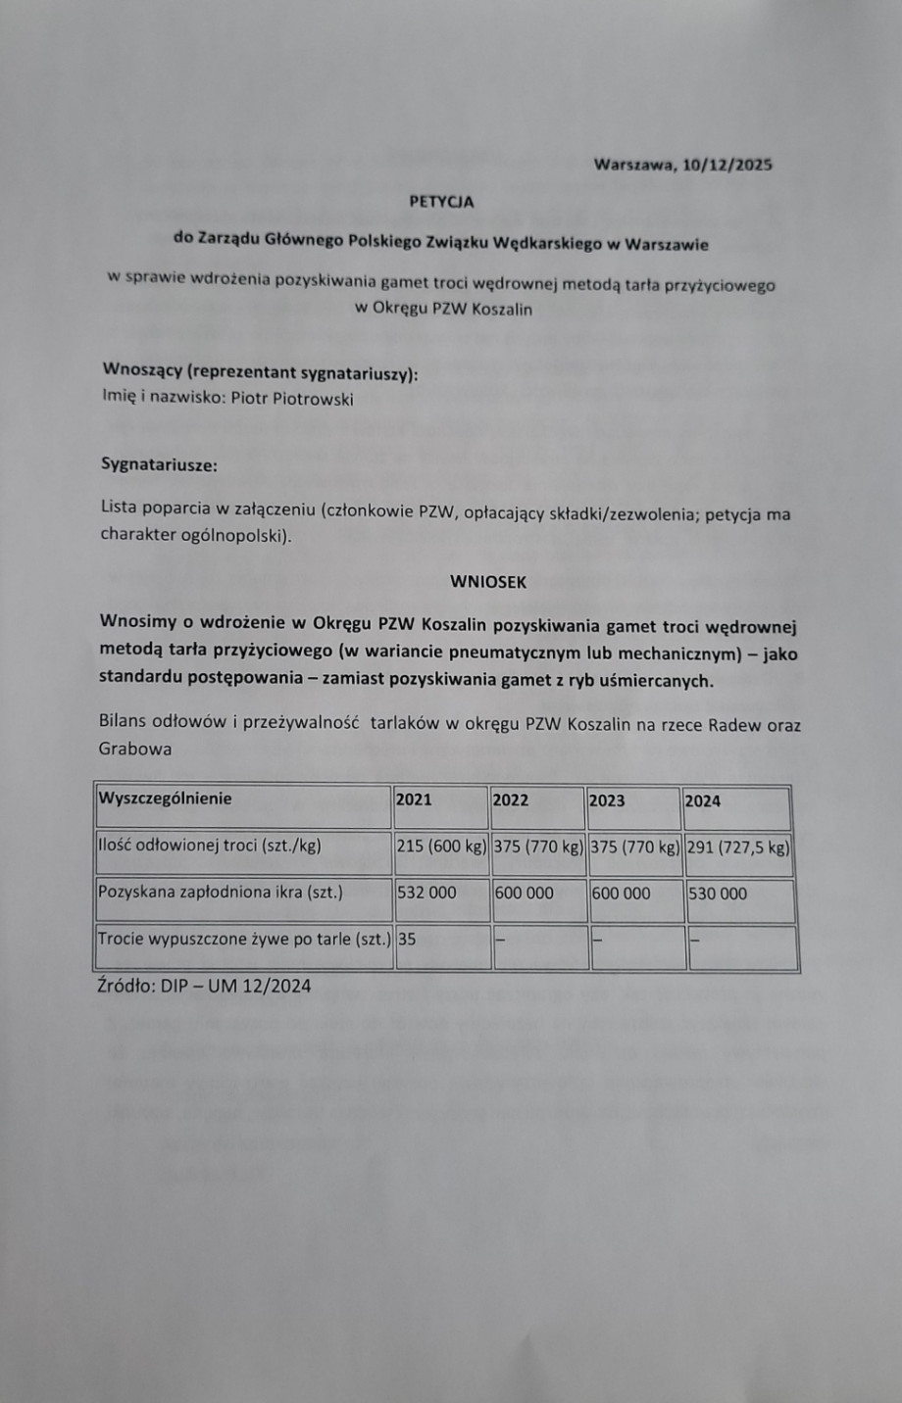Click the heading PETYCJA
coord(441,202)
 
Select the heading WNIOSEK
coord(488,582)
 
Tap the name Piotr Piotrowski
coord(292,399)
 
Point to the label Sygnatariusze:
coord(159,464)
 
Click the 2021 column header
coord(414,799)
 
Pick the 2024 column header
coord(703,800)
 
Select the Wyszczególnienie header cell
coord(165,798)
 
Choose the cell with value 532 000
coord(427,893)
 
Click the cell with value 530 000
coord(718,894)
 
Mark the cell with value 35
coord(407,939)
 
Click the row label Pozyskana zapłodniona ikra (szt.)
coord(221,893)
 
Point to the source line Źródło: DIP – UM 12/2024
coord(205,986)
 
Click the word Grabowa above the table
coord(135,750)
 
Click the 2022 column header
coord(510,800)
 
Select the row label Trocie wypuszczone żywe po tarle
coord(244,939)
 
